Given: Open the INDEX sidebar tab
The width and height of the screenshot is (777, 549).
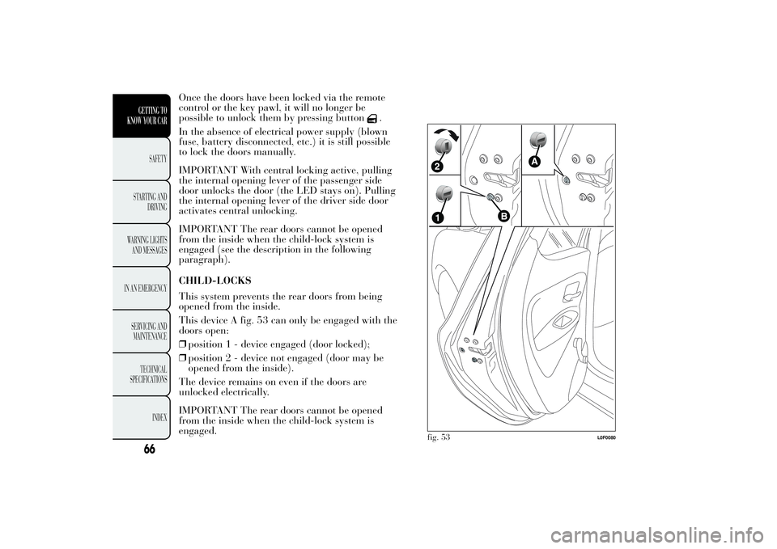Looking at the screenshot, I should click(x=155, y=417).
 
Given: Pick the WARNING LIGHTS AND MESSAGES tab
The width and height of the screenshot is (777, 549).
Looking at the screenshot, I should click(x=147, y=245).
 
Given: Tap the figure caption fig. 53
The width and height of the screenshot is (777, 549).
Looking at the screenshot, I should click(x=437, y=437).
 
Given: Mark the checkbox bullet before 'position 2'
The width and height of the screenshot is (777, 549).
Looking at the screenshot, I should click(x=183, y=357).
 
